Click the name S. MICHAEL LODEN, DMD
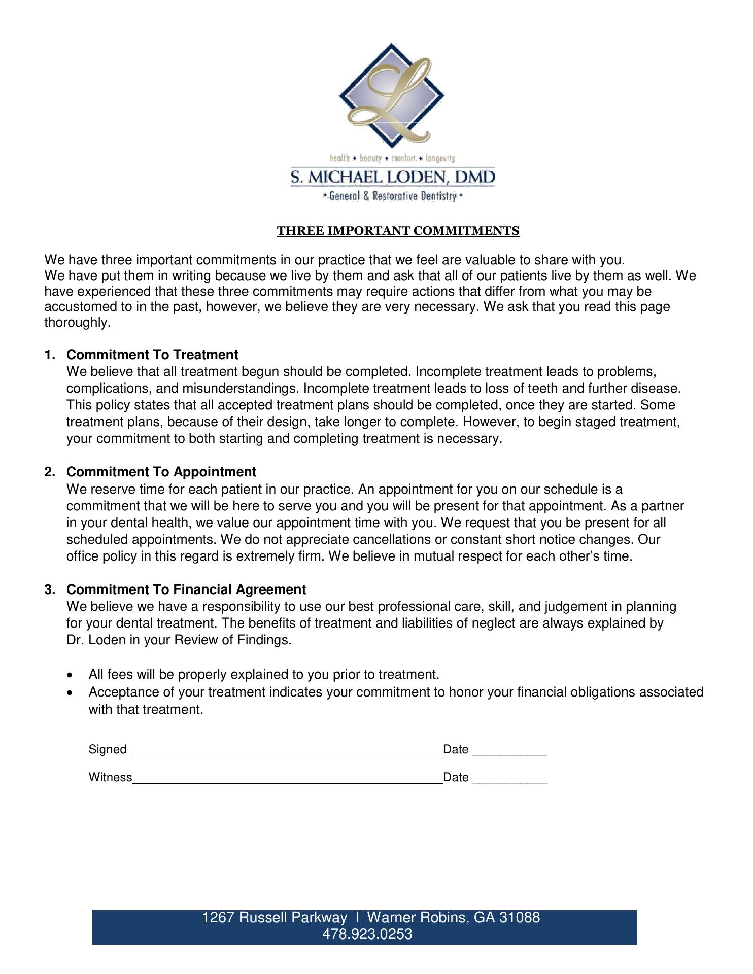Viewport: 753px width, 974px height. (x=393, y=178)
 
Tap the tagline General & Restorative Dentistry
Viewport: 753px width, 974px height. (x=393, y=196)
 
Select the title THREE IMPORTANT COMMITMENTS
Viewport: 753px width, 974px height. (x=398, y=231)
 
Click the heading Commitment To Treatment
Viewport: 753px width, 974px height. (x=152, y=355)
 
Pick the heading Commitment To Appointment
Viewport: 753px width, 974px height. (x=161, y=472)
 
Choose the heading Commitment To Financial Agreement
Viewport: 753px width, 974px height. (x=186, y=589)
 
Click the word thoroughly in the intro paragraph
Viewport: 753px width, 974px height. (x=77, y=323)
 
